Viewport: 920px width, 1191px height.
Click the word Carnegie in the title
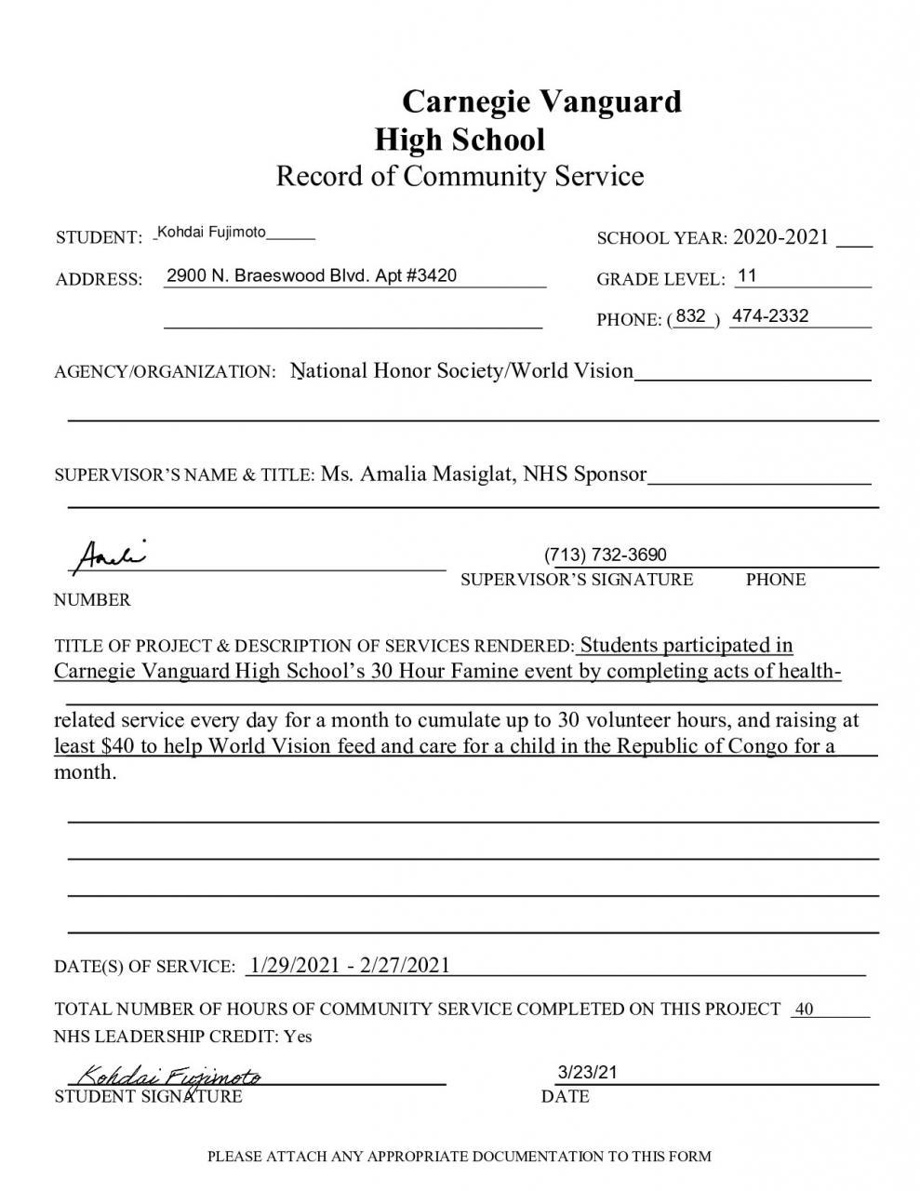coord(463,101)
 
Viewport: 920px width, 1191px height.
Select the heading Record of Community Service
coord(460,176)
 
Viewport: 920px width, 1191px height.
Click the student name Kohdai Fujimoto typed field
coord(212,232)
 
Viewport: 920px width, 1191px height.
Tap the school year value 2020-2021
coord(780,237)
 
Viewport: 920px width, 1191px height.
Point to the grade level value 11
coord(747,276)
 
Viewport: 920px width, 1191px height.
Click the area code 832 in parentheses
coord(691,316)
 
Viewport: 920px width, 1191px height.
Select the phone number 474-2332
coord(770,316)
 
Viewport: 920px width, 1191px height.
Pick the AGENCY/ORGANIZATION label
coord(166,372)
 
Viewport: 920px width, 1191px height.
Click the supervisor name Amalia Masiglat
coord(436,475)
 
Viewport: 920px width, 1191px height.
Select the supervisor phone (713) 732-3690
coord(606,555)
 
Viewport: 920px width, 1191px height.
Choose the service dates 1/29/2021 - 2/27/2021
coord(350,965)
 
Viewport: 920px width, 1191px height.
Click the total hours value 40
coord(805,1010)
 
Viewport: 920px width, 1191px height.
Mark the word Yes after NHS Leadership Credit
coord(298,1036)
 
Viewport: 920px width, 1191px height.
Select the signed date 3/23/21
coord(587,1072)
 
